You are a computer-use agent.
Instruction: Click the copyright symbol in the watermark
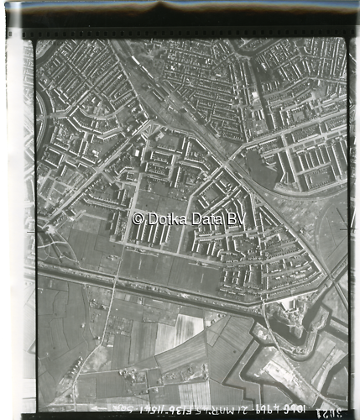(x=138, y=218)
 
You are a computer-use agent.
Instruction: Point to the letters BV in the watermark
(x=236, y=218)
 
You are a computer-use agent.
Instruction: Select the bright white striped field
(x=188, y=327)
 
